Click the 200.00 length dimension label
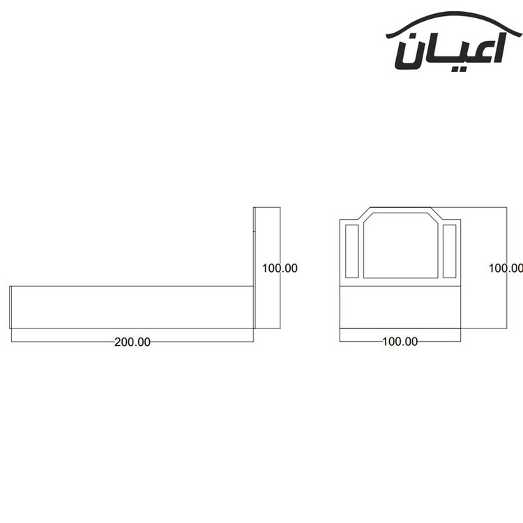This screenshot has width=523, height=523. point(132,342)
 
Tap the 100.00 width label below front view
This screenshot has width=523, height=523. point(400,342)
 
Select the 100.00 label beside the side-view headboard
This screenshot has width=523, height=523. point(280,268)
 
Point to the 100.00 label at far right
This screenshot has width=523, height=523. point(506,268)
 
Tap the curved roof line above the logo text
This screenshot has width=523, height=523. point(454,21)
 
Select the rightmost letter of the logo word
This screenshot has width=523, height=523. point(499,48)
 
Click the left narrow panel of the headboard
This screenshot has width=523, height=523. point(352,251)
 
